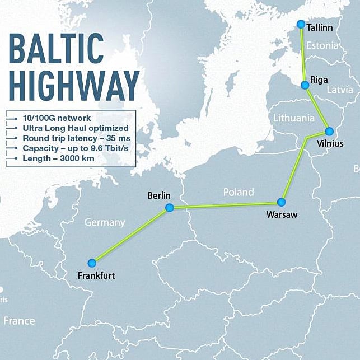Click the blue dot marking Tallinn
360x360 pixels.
[x=301, y=24]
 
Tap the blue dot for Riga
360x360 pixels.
[x=305, y=85]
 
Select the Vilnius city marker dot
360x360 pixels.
[x=329, y=132]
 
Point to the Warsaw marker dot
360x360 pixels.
[x=281, y=202]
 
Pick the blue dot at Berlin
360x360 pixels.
[x=170, y=208]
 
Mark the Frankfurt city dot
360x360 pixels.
[x=92, y=263]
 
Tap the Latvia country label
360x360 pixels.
[x=339, y=90]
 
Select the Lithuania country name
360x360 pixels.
[x=294, y=118]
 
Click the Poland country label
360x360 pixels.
[x=239, y=192]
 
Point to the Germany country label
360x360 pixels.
[x=105, y=222]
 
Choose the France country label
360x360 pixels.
[x=19, y=321]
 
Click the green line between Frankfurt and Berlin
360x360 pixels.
[x=131, y=235]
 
